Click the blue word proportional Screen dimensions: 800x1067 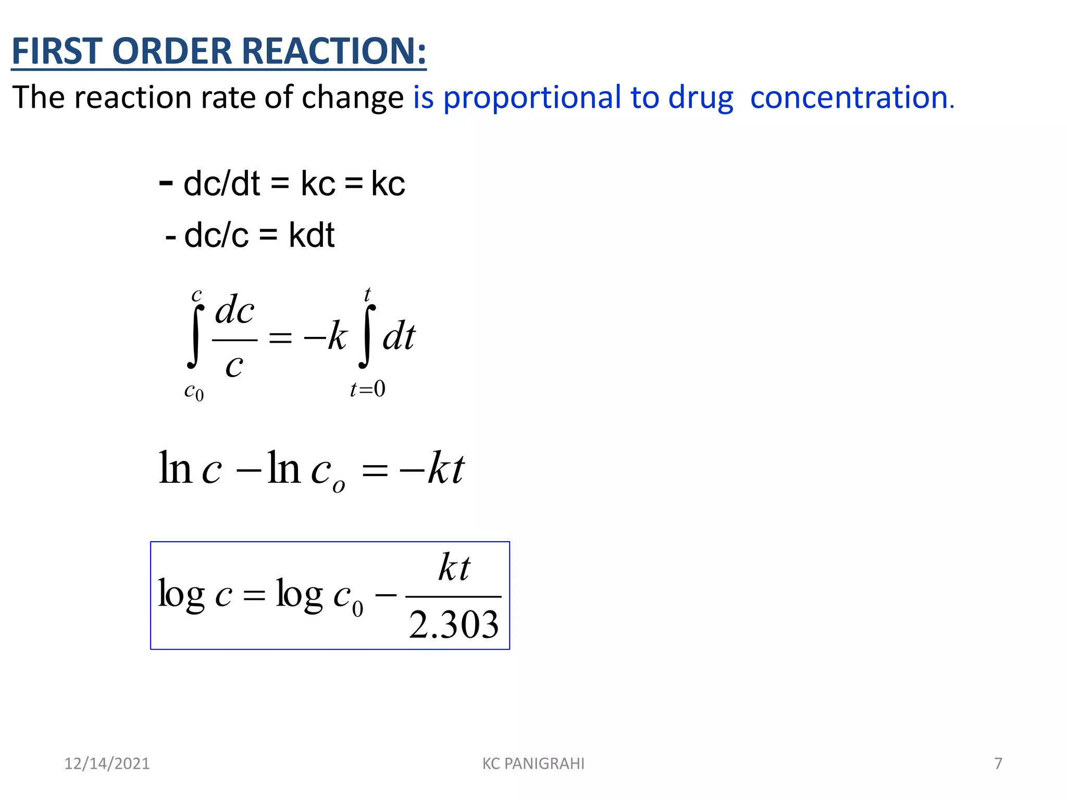[532, 98]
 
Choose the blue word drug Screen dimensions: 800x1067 [701, 98]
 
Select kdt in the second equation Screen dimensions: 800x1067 [312, 235]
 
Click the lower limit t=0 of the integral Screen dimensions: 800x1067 [367, 389]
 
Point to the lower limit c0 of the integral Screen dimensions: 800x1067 [194, 391]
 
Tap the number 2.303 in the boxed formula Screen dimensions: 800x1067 [454, 625]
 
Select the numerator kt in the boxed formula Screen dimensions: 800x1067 [454, 567]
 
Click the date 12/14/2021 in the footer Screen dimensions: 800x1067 [107, 764]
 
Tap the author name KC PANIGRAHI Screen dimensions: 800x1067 [533, 764]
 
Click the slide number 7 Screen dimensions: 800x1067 [998, 764]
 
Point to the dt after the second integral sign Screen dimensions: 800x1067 [399, 337]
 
